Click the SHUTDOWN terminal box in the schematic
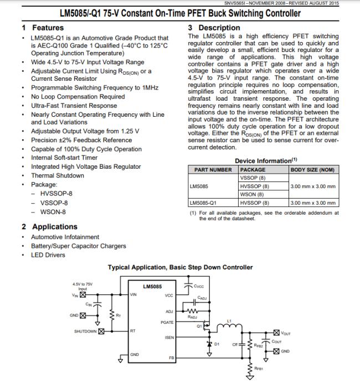[101, 331]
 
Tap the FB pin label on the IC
[171, 358]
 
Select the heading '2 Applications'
[49, 226]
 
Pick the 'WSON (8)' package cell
[251, 194]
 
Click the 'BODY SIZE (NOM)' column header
[312, 170]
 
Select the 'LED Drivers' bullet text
[48, 255]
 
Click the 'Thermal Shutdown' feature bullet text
[58, 175]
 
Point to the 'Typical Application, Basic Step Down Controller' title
[180, 268]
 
